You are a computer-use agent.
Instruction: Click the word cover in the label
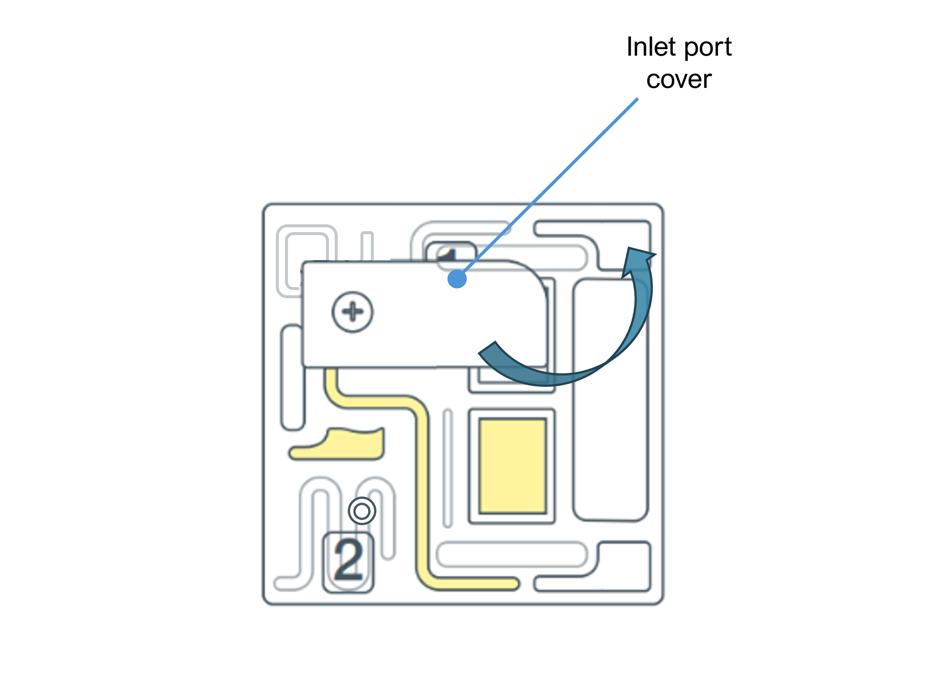click(x=679, y=79)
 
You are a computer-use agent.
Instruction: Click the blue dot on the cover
click(x=457, y=279)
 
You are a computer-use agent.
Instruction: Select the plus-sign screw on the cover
click(x=352, y=312)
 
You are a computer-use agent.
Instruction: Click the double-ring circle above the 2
click(x=361, y=511)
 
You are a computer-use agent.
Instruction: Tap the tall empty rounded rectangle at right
click(x=610, y=399)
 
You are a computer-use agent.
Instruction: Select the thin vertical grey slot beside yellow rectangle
click(x=447, y=468)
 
